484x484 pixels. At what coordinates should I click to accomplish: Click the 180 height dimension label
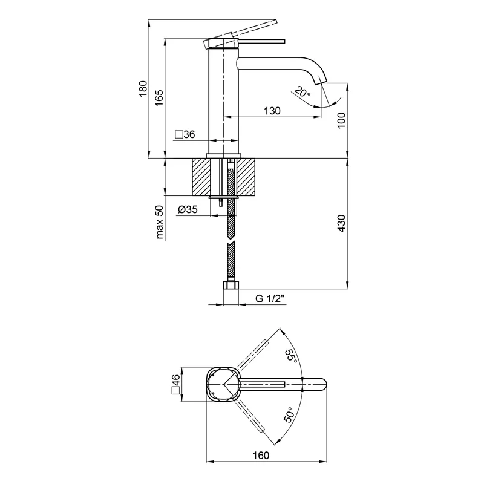click(x=143, y=88)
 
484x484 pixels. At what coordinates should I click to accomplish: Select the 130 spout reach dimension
click(x=272, y=111)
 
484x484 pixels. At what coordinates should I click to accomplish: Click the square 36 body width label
click(x=185, y=134)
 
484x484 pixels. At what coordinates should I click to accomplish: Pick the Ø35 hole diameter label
click(x=188, y=210)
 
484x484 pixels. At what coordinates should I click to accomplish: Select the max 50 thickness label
click(x=160, y=223)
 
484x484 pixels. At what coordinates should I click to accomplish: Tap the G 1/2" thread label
click(x=270, y=298)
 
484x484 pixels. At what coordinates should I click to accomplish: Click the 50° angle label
click(x=289, y=415)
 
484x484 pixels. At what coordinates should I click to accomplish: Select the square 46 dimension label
click(x=176, y=384)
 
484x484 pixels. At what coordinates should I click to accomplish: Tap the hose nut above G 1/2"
click(x=231, y=286)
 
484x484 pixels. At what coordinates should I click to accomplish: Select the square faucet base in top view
click(x=223, y=385)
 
